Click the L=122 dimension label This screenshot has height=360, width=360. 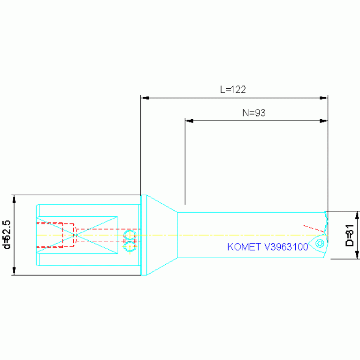[233, 89]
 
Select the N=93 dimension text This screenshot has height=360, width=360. [254, 112]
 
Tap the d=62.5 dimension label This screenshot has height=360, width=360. [7, 235]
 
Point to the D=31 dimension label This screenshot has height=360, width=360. [349, 235]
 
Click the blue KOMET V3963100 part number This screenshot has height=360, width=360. [268, 247]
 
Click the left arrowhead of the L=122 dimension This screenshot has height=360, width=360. [145, 98]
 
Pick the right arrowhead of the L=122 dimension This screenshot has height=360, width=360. [323, 98]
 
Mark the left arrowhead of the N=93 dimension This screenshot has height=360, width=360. [189, 121]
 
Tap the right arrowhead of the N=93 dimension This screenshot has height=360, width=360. [323, 121]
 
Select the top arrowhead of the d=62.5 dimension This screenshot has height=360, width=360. [14, 199]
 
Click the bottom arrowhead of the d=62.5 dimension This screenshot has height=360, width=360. [14, 271]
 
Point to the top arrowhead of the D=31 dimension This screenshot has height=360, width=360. [358, 215]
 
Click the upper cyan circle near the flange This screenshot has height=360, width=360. [130, 235]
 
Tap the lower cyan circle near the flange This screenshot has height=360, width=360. [130, 245]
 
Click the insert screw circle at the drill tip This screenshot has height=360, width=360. [320, 243]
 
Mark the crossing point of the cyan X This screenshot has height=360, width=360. [77, 235]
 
